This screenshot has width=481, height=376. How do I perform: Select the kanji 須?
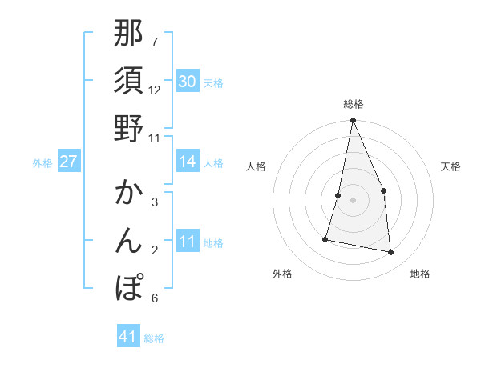tap(128, 81)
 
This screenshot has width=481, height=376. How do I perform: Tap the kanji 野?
tap(128, 128)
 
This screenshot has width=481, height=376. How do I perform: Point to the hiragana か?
tap(128, 194)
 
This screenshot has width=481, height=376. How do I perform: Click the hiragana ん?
tap(128, 241)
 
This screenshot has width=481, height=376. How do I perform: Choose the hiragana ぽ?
tap(128, 287)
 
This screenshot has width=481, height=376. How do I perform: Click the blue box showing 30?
tap(188, 82)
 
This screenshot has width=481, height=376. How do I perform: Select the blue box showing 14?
tap(188, 162)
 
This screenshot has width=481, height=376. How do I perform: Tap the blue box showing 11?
tap(188, 242)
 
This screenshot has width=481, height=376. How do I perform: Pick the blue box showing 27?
tap(69, 162)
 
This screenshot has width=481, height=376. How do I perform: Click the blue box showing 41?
tap(128, 337)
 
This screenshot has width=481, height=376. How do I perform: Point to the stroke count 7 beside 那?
tap(155, 41)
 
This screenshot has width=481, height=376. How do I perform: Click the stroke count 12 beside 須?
tap(155, 90)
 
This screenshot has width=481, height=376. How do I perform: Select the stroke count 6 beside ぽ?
tap(155, 298)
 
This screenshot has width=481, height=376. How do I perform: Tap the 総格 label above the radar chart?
tap(354, 105)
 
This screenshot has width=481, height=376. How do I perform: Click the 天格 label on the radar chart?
tap(451, 166)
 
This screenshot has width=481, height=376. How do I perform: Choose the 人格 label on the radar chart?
tap(257, 166)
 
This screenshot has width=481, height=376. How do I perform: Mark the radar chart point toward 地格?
tap(391, 253)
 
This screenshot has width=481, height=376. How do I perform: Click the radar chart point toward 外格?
tap(325, 239)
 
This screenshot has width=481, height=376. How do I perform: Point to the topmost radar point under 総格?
tap(353, 122)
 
